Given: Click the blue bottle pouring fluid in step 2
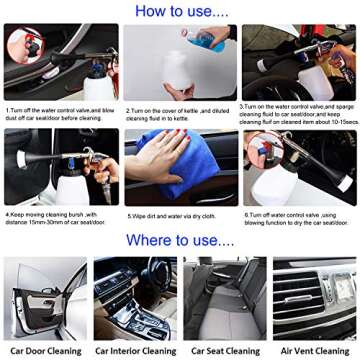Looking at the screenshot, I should click(207, 38).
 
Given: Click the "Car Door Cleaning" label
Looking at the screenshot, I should click(44, 351).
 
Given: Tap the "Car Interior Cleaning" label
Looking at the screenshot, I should click(135, 351).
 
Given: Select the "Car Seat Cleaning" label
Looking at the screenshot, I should click(225, 351).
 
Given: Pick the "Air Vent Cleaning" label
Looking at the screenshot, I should click(314, 351).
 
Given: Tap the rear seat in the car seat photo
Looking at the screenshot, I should click(225, 290).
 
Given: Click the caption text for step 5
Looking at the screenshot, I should click(170, 215).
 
